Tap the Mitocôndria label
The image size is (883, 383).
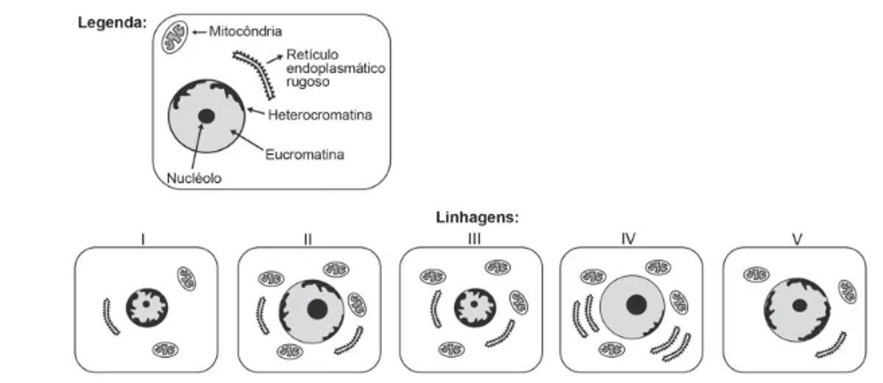tap(245, 32)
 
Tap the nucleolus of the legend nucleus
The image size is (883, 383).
tap(206, 116)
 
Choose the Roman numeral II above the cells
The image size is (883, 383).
tap(308, 239)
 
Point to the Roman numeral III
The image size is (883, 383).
tap(472, 239)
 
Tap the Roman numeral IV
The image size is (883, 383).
tap(628, 239)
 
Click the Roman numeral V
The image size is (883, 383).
tap(796, 239)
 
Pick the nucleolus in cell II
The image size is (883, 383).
tap(317, 309)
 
